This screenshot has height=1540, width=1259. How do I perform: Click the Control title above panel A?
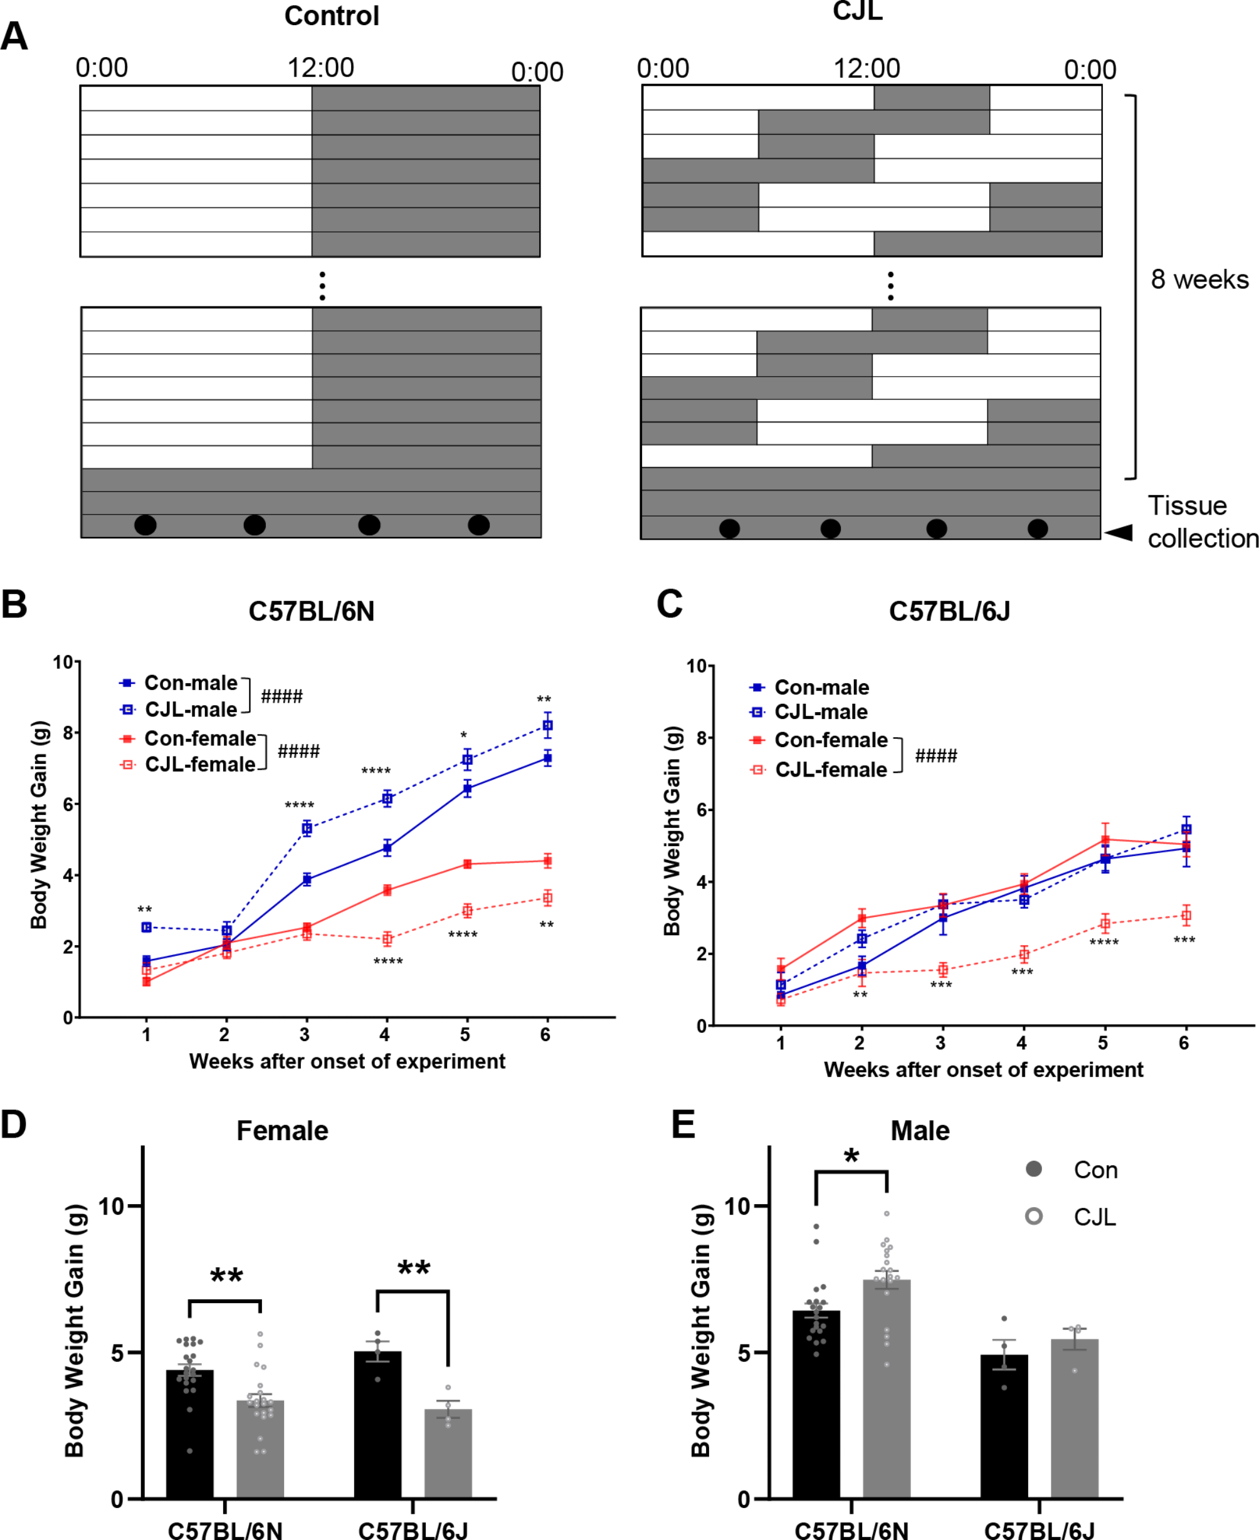click(x=332, y=16)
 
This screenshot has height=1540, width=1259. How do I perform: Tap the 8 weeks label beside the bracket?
click(x=1199, y=279)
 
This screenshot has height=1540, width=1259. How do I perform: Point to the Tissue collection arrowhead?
click(x=1119, y=533)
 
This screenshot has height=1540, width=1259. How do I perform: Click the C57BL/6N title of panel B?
click(x=311, y=611)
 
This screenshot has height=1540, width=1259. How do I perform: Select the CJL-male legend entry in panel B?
click(x=191, y=709)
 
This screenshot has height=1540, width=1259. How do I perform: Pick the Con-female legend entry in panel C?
click(x=830, y=740)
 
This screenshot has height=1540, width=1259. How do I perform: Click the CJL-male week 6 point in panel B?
click(x=547, y=725)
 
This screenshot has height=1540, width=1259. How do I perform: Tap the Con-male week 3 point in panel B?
click(x=307, y=879)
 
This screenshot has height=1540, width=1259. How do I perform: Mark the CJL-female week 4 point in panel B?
click(x=387, y=939)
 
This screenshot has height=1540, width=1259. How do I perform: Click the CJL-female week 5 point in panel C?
click(x=1105, y=924)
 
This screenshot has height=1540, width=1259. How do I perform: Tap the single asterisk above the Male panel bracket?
click(x=851, y=1156)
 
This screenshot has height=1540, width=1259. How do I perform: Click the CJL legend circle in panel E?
click(x=1034, y=1216)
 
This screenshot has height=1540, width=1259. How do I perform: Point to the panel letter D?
click(x=14, y=1125)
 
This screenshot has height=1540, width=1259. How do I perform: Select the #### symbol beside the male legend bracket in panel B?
click(x=282, y=697)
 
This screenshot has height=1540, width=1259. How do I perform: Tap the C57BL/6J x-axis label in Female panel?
click(x=413, y=1530)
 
